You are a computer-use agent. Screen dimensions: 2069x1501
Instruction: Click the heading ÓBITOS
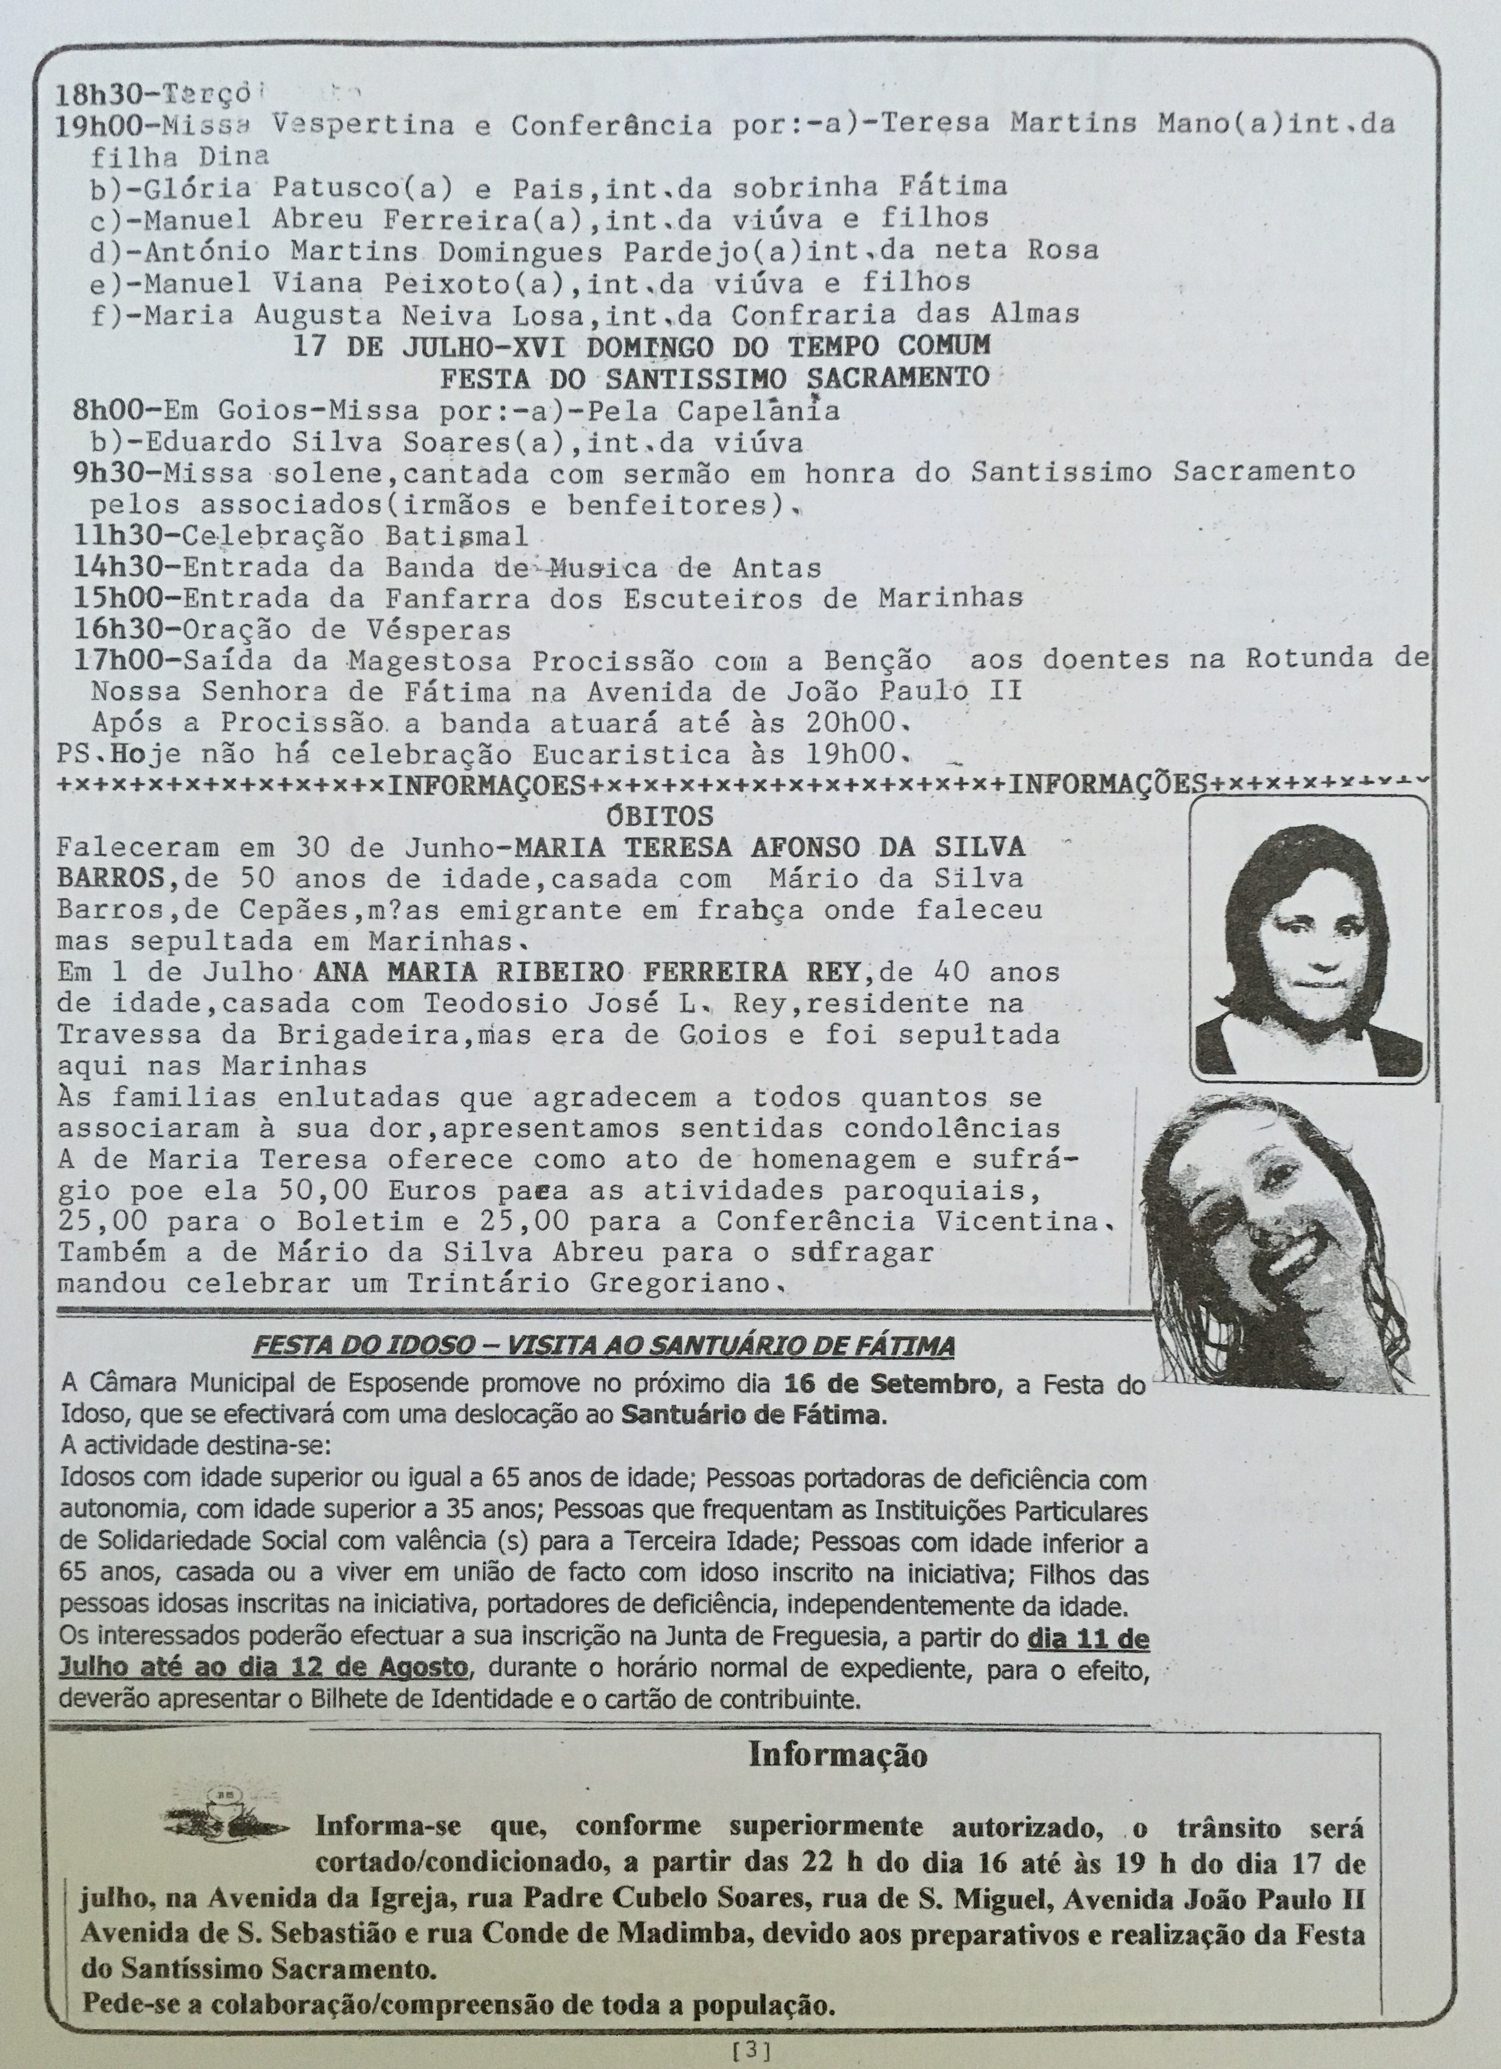(661, 815)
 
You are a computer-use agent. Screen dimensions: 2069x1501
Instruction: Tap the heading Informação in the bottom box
(837, 1755)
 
